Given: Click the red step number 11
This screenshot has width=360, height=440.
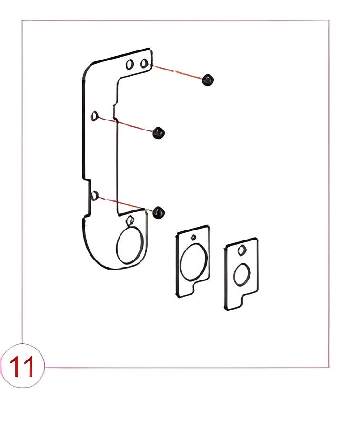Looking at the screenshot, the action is (x=22, y=367).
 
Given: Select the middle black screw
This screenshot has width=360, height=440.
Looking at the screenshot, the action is (x=159, y=132).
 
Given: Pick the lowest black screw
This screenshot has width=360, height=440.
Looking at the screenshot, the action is (x=159, y=212).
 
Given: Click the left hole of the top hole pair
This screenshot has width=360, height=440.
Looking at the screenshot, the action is (x=130, y=64).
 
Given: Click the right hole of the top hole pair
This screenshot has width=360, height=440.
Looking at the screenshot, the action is (x=144, y=63).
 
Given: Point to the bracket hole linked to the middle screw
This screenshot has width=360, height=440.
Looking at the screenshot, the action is (x=95, y=116).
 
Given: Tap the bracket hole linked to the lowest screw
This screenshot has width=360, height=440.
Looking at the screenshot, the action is (x=95, y=196).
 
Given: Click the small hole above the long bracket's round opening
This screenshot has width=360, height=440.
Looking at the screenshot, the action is (x=130, y=220).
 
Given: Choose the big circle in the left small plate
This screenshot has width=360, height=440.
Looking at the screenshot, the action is (x=194, y=262).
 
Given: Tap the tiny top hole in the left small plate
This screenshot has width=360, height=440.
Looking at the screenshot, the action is (x=193, y=238).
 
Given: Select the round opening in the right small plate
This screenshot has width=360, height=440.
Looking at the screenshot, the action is (x=242, y=275).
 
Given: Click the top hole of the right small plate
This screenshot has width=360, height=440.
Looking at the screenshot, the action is (x=242, y=250).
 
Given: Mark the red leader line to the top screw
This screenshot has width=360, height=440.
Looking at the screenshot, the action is (x=177, y=72).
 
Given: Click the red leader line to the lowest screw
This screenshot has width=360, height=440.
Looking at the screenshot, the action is (x=125, y=204).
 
